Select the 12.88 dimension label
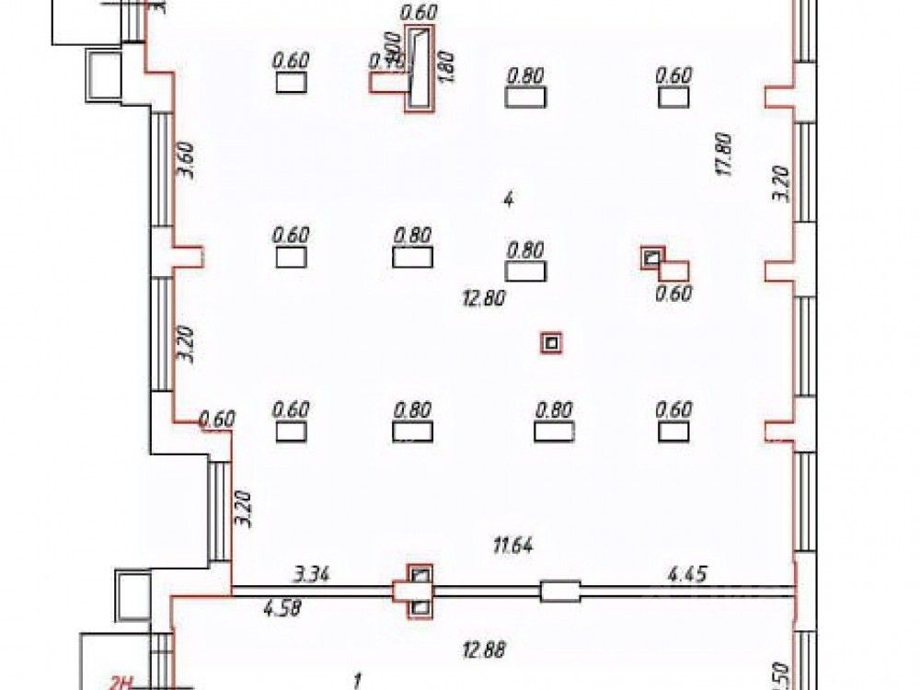(485, 650)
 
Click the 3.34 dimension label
(311, 575)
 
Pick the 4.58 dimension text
(282, 607)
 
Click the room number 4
(507, 199)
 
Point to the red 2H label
(123, 682)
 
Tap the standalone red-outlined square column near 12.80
(551, 343)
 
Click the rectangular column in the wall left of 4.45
(560, 591)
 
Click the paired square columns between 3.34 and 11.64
(420, 591)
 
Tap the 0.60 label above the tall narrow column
(420, 12)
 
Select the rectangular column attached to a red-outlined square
(675, 270)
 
